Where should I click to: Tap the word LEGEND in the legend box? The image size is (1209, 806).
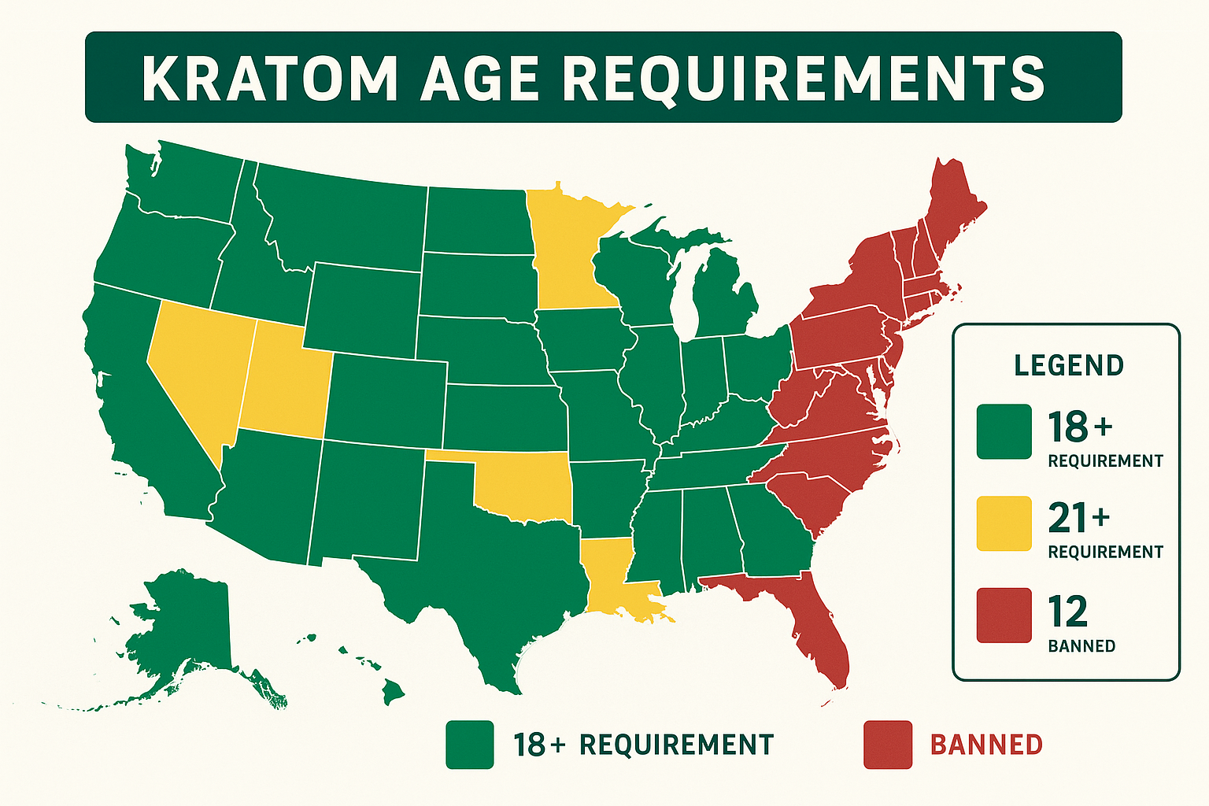click(x=1068, y=366)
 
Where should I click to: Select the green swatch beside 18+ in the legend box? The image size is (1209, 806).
click(x=1004, y=431)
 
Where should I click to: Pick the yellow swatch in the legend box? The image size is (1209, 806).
click(x=1004, y=523)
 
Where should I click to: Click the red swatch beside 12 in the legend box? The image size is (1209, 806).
click(x=1004, y=615)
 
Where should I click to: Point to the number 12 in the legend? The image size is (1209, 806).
click(x=1067, y=612)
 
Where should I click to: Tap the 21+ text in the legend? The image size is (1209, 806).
click(x=1078, y=519)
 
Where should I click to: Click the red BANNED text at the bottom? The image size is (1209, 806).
click(x=986, y=745)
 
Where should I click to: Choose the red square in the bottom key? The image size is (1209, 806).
click(x=888, y=745)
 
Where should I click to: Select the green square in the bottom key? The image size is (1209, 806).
click(x=470, y=745)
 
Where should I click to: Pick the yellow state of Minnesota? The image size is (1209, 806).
click(x=571, y=252)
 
